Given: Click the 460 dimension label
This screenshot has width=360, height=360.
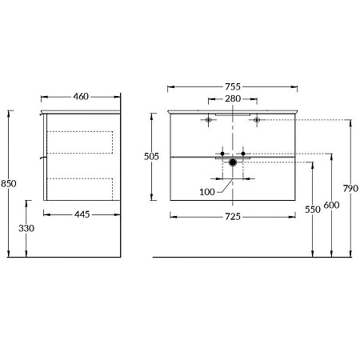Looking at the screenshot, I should tap(81, 97).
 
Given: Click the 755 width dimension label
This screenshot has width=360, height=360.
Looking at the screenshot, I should tap(232, 86).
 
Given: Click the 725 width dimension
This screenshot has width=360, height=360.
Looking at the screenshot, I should tap(232, 217).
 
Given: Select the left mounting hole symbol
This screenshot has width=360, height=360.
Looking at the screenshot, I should tap(209, 120).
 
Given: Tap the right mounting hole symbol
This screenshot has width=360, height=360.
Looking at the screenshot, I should tap(257, 120).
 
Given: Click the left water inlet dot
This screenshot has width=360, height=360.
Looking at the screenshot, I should tap(222, 152).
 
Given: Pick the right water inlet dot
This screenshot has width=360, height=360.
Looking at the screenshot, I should tap(242, 152).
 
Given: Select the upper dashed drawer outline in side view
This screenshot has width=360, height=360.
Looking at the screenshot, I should tap(80, 142).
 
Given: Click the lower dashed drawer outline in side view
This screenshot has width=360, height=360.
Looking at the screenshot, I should tap(80, 189).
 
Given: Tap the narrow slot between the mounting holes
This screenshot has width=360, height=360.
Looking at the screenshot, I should tap(233, 116).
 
